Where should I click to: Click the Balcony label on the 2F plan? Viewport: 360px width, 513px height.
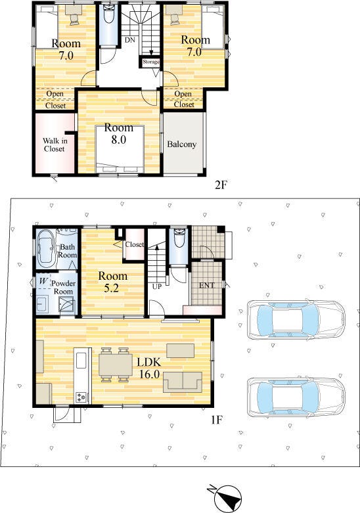point(181,145)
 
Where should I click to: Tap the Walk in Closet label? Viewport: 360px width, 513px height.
point(55,145)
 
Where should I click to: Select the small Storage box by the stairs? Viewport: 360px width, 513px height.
point(150,62)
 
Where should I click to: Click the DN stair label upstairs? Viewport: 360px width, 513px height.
point(129,40)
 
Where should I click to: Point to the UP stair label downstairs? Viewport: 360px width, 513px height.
point(157,286)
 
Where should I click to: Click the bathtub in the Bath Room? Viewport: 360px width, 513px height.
point(47,248)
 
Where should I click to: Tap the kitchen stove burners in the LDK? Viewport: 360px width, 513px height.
point(81,397)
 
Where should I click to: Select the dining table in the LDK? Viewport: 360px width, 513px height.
point(116,365)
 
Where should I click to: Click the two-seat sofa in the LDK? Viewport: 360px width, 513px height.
point(183,382)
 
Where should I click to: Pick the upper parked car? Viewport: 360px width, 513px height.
point(296,319)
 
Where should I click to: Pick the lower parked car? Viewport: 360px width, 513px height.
point(296,397)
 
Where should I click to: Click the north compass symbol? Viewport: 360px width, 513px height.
point(227,497)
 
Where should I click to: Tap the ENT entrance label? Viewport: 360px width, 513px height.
point(207,285)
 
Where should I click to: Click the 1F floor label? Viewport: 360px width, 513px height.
point(217,420)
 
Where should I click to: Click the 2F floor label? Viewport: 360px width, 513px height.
point(221,185)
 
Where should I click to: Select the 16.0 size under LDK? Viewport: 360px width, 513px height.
point(149,374)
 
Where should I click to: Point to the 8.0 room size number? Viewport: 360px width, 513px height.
point(118,140)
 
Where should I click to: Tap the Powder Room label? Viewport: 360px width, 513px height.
point(63,287)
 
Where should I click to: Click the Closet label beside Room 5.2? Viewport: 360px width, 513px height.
point(135,244)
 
